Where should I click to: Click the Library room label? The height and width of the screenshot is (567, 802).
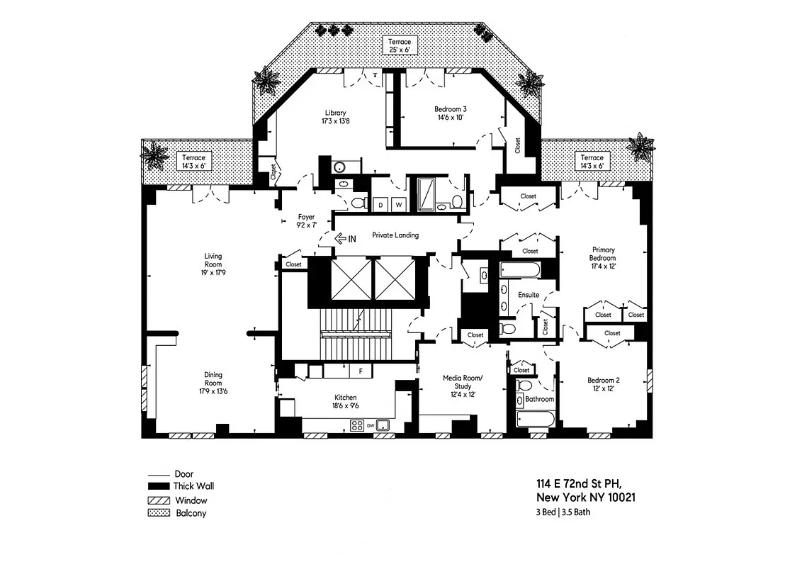coord(335,117)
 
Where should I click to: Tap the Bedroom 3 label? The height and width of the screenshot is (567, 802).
coord(450,113)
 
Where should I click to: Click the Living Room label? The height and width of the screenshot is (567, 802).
coord(213,264)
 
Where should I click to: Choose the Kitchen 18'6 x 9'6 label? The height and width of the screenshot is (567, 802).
coord(346,402)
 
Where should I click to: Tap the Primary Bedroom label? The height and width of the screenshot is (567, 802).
coord(604,258)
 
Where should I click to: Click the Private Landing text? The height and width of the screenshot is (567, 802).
coord(395,235)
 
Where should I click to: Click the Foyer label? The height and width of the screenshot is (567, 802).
coord(305,221)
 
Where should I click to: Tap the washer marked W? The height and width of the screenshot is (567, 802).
coord(398,206)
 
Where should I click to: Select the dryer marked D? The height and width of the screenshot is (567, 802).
coord(380,206)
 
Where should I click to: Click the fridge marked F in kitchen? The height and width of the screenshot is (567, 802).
coord(360,371)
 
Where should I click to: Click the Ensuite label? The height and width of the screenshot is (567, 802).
coord(529,295)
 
